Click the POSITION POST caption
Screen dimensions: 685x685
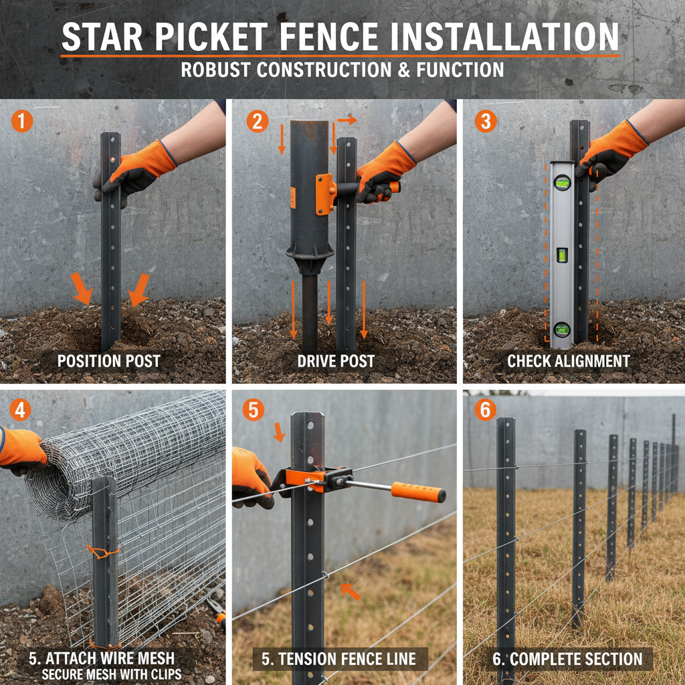click(108, 362)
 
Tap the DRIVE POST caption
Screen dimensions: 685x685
click(336, 362)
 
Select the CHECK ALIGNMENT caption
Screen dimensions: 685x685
click(568, 362)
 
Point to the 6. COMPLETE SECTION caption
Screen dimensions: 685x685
click(567, 659)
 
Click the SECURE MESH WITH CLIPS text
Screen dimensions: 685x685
click(112, 674)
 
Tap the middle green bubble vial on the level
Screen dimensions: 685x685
click(562, 254)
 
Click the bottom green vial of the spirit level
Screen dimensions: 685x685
click(562, 328)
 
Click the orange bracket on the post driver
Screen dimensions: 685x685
click(325, 194)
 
